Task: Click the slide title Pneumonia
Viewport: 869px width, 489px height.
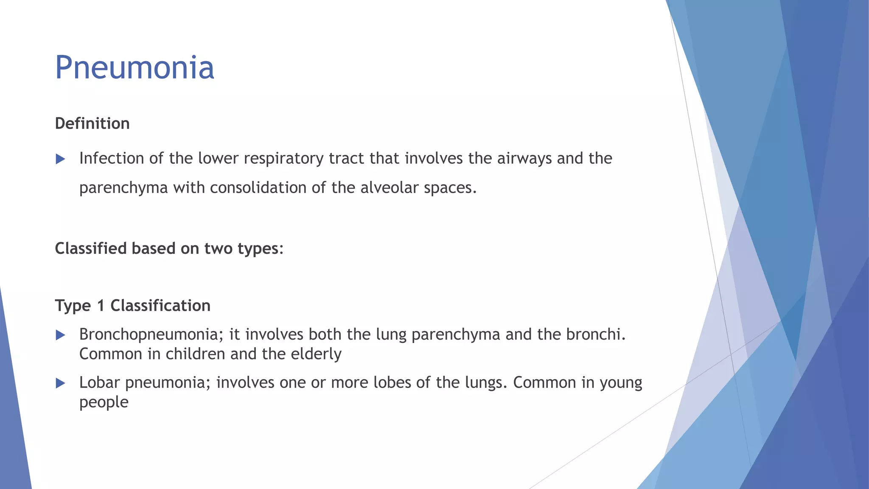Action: pyautogui.click(x=135, y=68)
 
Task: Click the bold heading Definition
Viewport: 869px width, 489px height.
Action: pyautogui.click(x=93, y=124)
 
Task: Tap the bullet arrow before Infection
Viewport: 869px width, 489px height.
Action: pyautogui.click(x=61, y=159)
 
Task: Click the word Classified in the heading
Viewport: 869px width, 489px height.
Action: pyautogui.click(x=91, y=248)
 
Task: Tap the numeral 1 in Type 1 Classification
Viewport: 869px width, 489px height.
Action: pyautogui.click(x=101, y=306)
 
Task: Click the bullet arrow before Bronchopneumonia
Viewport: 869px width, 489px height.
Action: pyautogui.click(x=61, y=335)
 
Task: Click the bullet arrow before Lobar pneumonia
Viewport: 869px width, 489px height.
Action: pyautogui.click(x=61, y=383)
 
